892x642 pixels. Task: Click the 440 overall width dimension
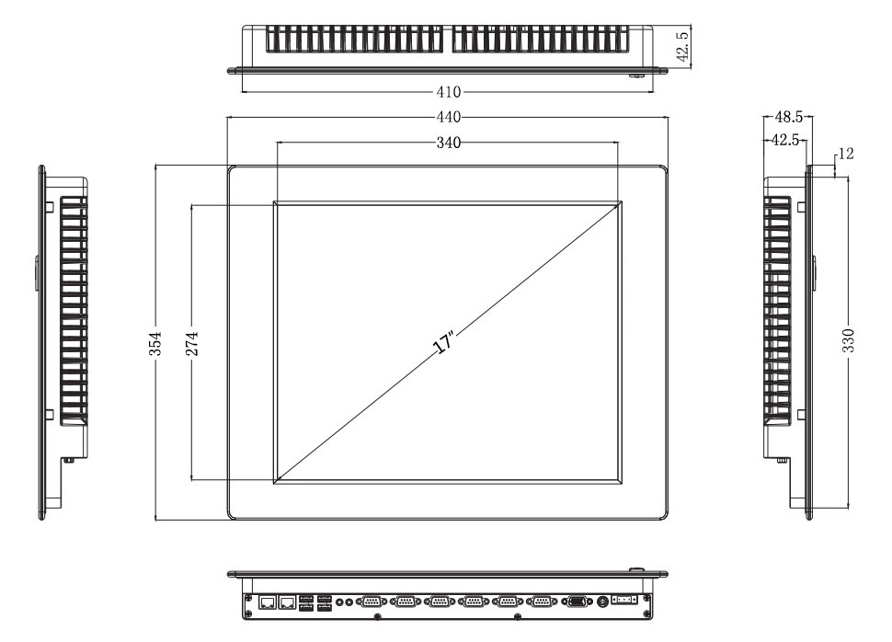coord(448,117)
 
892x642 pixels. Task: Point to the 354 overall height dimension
coord(156,341)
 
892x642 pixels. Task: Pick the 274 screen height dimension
coord(191,341)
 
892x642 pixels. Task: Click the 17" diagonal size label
coord(444,345)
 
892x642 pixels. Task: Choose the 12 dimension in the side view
coord(846,154)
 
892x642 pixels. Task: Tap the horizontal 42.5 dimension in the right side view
coord(784,140)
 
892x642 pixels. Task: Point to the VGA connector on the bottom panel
coord(578,602)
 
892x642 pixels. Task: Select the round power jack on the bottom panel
coord(603,602)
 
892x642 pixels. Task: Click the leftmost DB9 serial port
coord(372,602)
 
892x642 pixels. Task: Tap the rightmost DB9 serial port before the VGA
coord(541,602)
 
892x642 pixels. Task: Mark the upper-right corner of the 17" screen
coord(619,202)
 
